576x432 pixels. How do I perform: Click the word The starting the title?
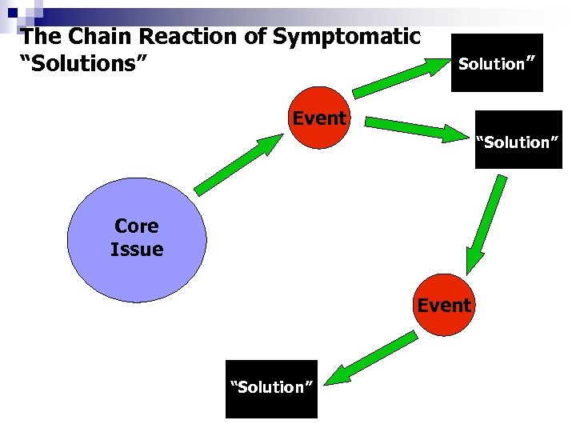40,37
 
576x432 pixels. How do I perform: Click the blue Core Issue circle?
137,240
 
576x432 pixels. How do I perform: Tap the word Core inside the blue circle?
137,226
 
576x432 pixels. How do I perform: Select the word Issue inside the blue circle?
137,250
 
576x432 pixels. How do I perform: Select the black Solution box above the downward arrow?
518,141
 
